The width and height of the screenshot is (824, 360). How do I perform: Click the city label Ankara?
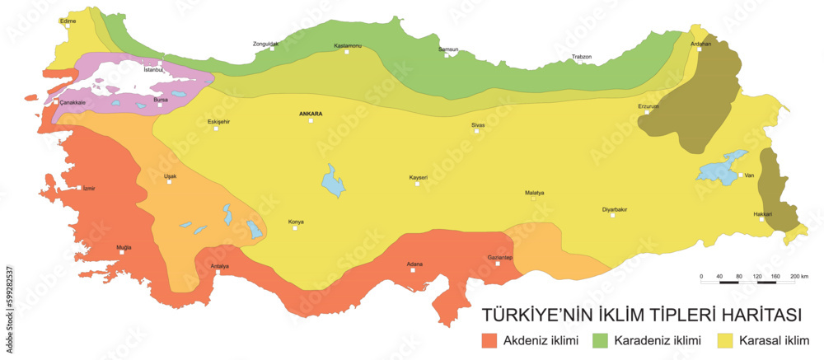311,113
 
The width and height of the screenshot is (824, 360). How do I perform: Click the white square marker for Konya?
294,228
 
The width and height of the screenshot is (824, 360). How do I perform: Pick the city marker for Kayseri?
417,184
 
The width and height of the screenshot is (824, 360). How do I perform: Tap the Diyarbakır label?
615,209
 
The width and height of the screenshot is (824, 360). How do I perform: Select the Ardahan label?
700,43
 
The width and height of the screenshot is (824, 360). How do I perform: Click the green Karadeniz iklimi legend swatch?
601,339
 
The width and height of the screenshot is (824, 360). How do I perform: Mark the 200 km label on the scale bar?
798,275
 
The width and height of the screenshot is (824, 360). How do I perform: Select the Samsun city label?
448,49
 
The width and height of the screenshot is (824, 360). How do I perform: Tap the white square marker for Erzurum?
647,112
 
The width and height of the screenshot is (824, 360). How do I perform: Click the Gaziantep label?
501,257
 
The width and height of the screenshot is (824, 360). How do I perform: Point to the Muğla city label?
123,246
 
